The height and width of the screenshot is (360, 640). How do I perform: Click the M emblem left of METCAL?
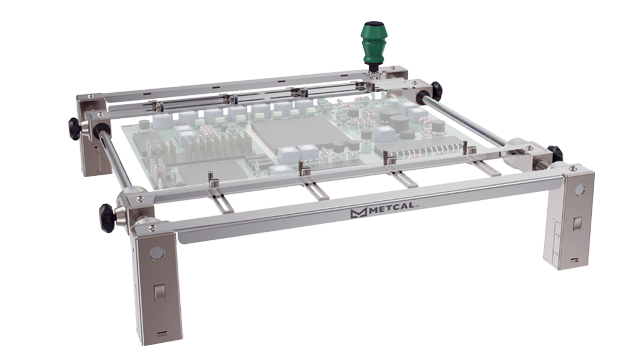click(358, 213)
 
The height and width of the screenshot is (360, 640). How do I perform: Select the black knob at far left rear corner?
click(74, 129)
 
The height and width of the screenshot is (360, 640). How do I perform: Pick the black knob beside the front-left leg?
click(107, 218)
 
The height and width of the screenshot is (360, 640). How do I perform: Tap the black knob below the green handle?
click(436, 91)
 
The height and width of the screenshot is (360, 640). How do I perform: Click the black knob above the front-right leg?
click(556, 153)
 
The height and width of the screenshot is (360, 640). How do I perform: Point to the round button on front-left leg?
click(156, 254)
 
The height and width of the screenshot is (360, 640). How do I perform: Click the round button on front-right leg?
click(580, 190)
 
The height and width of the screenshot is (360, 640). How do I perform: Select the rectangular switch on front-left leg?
click(159, 293)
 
